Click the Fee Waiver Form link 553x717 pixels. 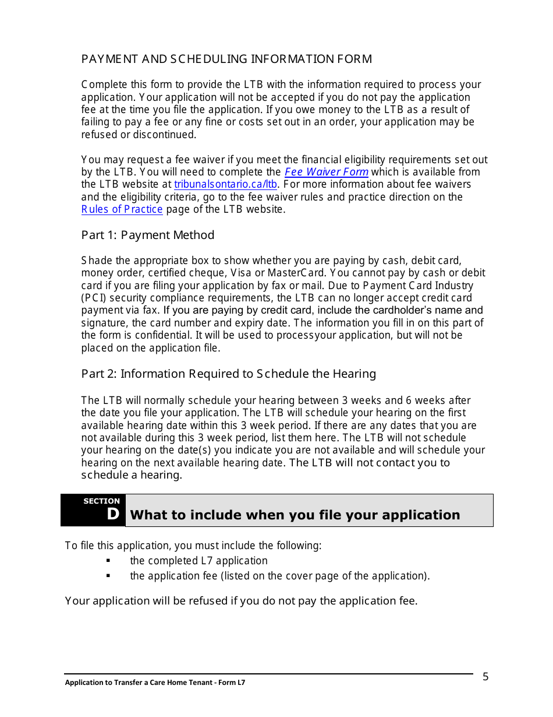tap(326, 172)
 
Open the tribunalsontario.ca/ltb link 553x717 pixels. tap(225, 184)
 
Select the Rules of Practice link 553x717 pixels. tap(122, 209)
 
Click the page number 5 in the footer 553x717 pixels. tap(485, 677)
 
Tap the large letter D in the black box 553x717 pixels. tap(113, 514)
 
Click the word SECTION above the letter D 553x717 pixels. tap(101, 501)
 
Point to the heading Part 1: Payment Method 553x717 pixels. tap(147, 235)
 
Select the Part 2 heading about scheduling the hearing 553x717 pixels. tap(228, 374)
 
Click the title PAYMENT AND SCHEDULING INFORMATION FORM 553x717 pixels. tap(226, 59)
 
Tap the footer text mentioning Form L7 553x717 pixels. tap(155, 683)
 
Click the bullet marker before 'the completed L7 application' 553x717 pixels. tap(108, 561)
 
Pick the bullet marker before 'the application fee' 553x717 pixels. tap(108, 576)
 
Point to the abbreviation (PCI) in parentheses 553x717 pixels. tap(94, 298)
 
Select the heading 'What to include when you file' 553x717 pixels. tap(295, 515)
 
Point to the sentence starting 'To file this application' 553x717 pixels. tap(193, 546)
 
